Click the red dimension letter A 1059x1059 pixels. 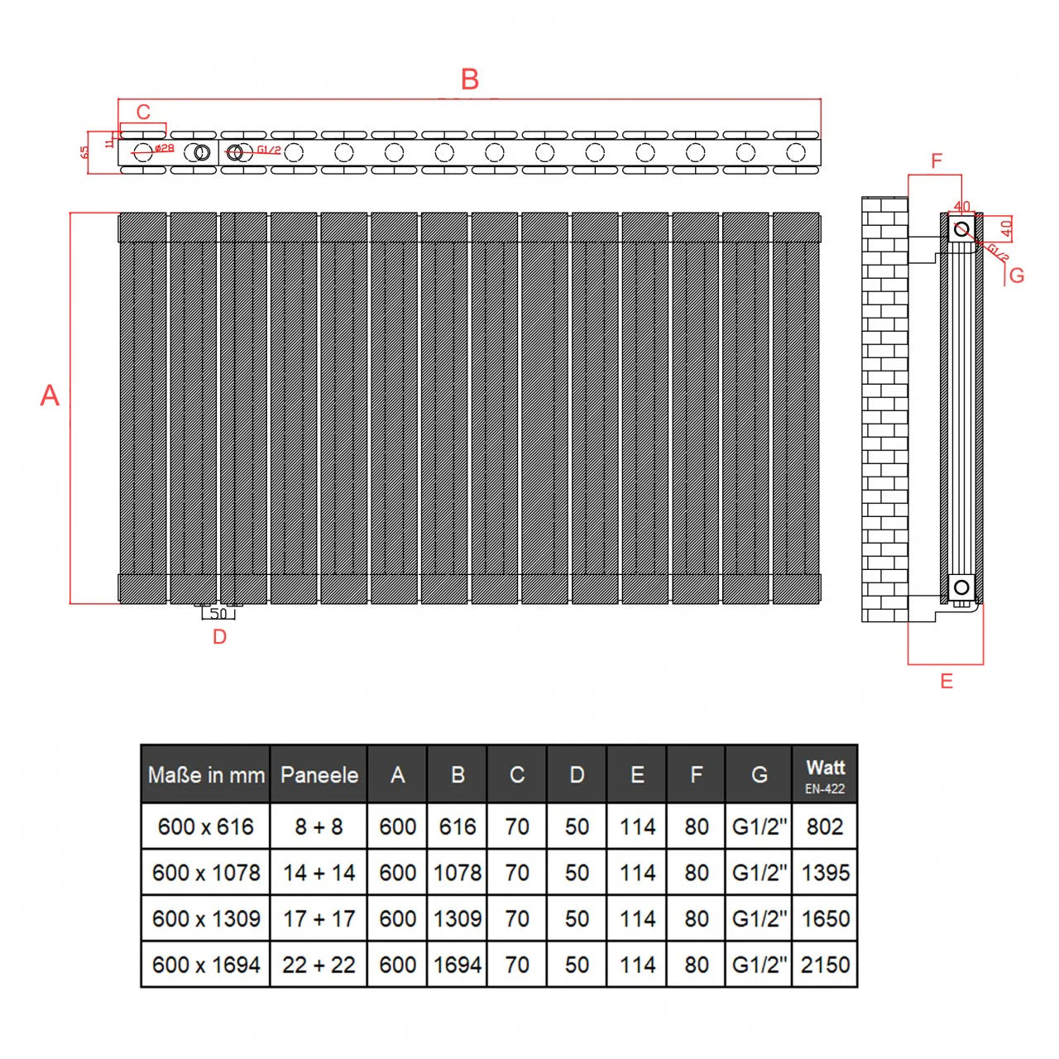50,395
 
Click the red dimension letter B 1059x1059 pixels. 469,79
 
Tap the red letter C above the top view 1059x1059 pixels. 143,113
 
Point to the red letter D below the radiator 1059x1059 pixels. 219,636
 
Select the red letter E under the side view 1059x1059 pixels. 946,681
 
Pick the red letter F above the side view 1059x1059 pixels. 937,161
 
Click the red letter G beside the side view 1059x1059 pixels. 1017,276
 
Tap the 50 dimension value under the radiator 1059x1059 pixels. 218,614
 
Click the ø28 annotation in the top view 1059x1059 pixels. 164,148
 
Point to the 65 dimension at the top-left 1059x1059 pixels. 84,152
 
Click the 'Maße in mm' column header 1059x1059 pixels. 206,775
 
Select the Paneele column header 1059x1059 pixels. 319,775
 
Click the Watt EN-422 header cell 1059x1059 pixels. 825,775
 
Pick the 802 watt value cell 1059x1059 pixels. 825,827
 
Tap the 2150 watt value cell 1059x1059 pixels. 825,965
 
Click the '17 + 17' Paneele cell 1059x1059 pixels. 319,918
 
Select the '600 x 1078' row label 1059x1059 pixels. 206,873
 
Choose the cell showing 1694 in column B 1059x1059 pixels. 458,965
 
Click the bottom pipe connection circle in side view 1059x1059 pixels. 961,587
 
